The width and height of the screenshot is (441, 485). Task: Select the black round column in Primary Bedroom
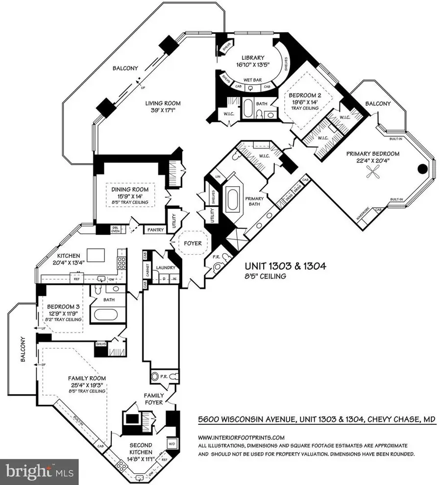(421, 170)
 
